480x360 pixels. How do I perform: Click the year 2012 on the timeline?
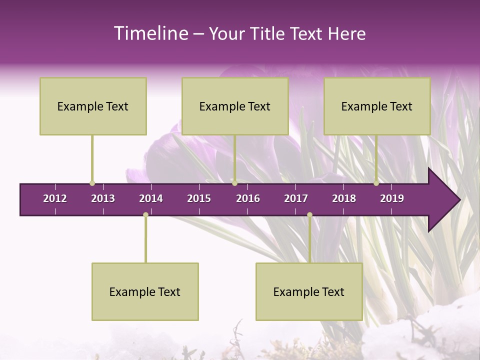(55, 198)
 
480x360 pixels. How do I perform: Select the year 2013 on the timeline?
(103, 198)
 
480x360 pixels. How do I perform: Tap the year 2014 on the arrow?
(151, 198)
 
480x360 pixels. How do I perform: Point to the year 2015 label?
(199, 198)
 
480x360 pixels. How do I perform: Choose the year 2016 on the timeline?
(248, 198)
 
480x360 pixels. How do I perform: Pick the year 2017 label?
(296, 198)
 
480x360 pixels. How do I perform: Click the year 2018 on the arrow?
(344, 198)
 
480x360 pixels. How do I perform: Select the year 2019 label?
(392, 198)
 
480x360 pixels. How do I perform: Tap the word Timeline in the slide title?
(150, 33)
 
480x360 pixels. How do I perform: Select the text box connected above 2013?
(93, 106)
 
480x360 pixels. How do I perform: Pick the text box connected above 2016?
(235, 106)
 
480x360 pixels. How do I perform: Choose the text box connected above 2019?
(377, 106)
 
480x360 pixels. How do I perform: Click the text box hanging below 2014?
(145, 291)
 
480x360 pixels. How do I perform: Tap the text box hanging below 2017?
(309, 291)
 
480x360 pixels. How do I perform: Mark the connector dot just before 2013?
(92, 183)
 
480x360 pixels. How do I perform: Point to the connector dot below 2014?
(145, 214)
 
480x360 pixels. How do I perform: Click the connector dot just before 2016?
(234, 183)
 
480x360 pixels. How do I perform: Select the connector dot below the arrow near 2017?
(309, 214)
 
